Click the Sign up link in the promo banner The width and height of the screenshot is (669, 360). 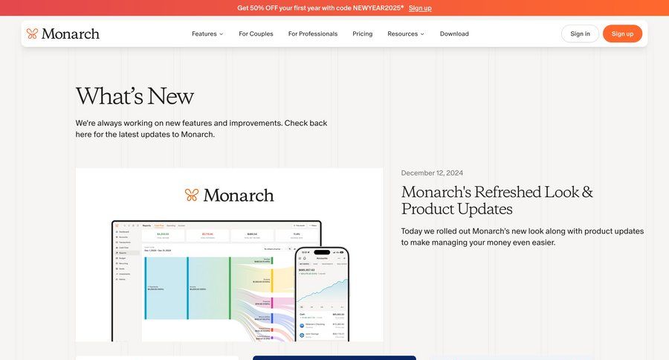pos(420,8)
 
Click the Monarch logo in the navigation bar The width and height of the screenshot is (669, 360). pos(63,33)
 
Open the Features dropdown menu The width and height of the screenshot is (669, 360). pos(207,33)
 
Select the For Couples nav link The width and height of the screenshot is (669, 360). pos(256,33)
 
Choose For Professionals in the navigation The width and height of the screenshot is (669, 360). pos(313,33)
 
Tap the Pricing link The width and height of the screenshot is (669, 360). pos(363,33)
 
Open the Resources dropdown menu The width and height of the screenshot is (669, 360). pos(405,33)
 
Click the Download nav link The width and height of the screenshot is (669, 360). pos(454,33)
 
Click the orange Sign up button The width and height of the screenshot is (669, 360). pos(622,33)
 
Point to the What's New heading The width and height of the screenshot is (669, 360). pos(135,96)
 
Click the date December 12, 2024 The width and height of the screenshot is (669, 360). pos(432,173)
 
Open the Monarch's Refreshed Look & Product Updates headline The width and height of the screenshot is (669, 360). pos(497,200)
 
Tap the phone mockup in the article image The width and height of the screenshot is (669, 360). pos(322,294)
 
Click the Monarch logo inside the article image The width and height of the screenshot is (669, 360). pos(229,195)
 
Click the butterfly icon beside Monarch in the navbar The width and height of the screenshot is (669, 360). pos(32,33)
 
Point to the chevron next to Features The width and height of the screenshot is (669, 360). pos(221,34)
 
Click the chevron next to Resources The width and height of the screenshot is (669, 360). pos(422,34)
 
